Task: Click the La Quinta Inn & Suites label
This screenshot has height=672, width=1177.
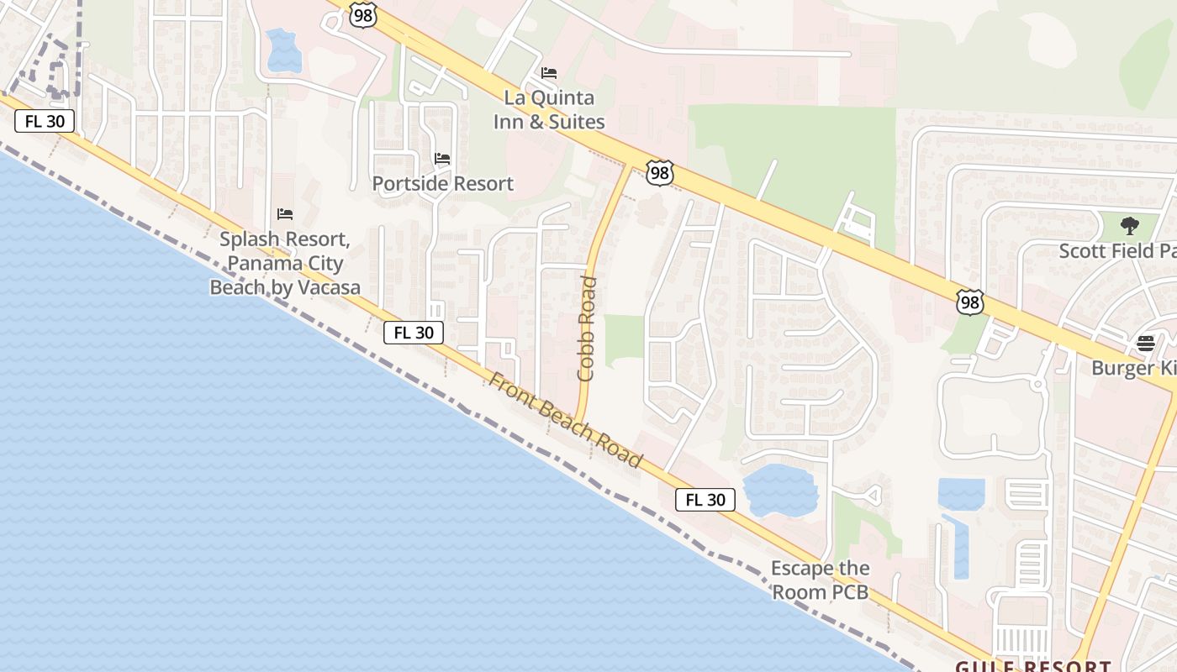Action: (548, 109)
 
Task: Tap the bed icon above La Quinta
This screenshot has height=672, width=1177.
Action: (549, 73)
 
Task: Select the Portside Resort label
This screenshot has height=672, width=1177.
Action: (442, 183)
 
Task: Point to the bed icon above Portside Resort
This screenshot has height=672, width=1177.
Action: (442, 158)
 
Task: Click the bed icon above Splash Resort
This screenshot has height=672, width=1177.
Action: (285, 214)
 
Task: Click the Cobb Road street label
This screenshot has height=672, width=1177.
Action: (587, 328)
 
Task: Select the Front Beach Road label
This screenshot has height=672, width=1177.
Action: (565, 421)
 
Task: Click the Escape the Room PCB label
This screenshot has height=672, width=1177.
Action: (820, 580)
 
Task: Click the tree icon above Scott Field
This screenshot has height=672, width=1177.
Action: (1130, 225)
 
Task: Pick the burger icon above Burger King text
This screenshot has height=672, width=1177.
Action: (1145, 343)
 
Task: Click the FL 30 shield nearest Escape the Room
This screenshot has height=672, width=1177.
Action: (705, 500)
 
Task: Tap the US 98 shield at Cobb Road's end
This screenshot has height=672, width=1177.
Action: (660, 173)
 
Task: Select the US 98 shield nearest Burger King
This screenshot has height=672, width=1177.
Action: (969, 302)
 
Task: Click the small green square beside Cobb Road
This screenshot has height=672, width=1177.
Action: (624, 340)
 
